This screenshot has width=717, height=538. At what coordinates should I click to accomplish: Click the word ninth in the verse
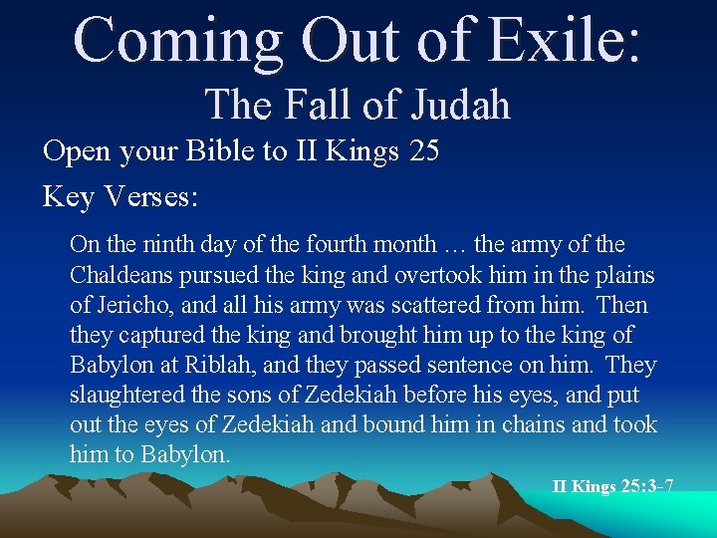(169, 244)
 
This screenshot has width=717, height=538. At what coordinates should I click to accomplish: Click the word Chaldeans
(127, 275)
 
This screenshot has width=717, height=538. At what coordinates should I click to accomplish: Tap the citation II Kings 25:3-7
(612, 486)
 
